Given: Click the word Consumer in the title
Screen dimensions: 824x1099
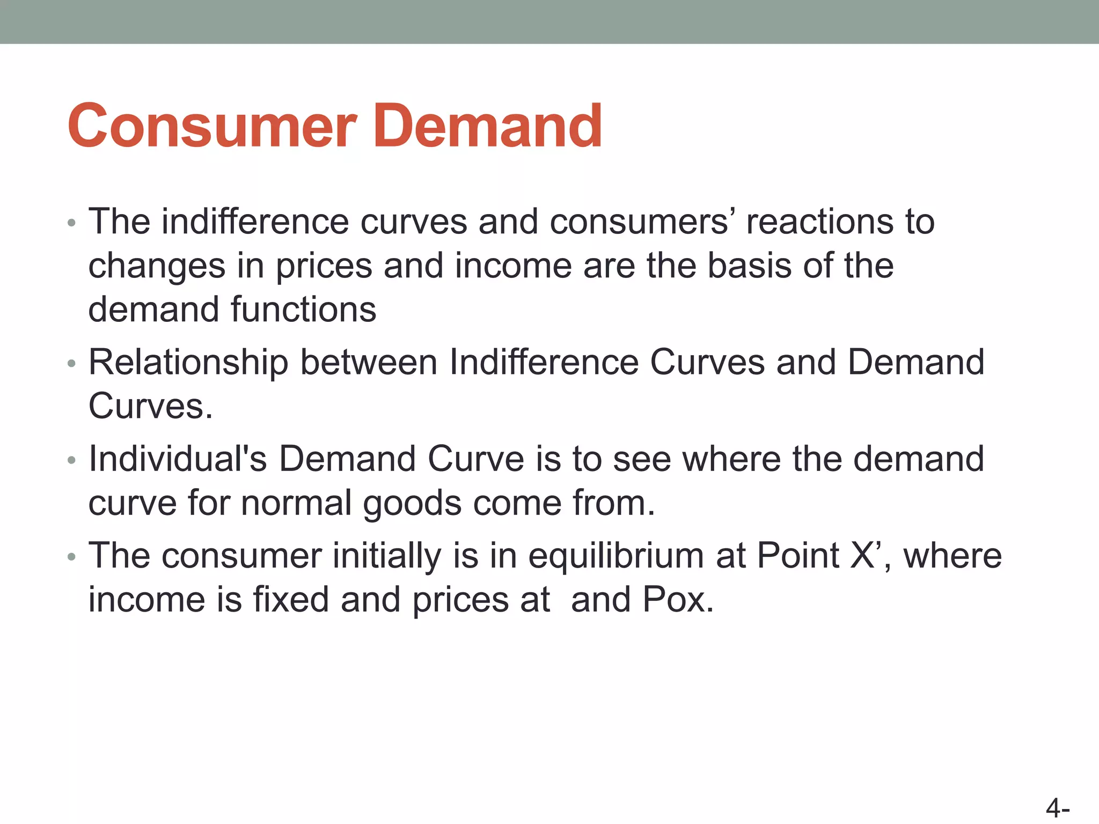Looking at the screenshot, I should point(212,126).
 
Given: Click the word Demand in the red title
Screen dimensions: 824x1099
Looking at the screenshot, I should point(487,126).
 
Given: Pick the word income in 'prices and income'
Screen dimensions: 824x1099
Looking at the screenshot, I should point(513,266).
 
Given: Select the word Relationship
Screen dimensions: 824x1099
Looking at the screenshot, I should point(188,362).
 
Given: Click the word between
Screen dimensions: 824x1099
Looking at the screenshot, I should point(369,362).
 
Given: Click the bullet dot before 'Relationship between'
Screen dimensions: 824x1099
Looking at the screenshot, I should point(72,364).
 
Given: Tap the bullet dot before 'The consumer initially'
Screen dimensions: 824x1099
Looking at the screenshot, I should point(72,557).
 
